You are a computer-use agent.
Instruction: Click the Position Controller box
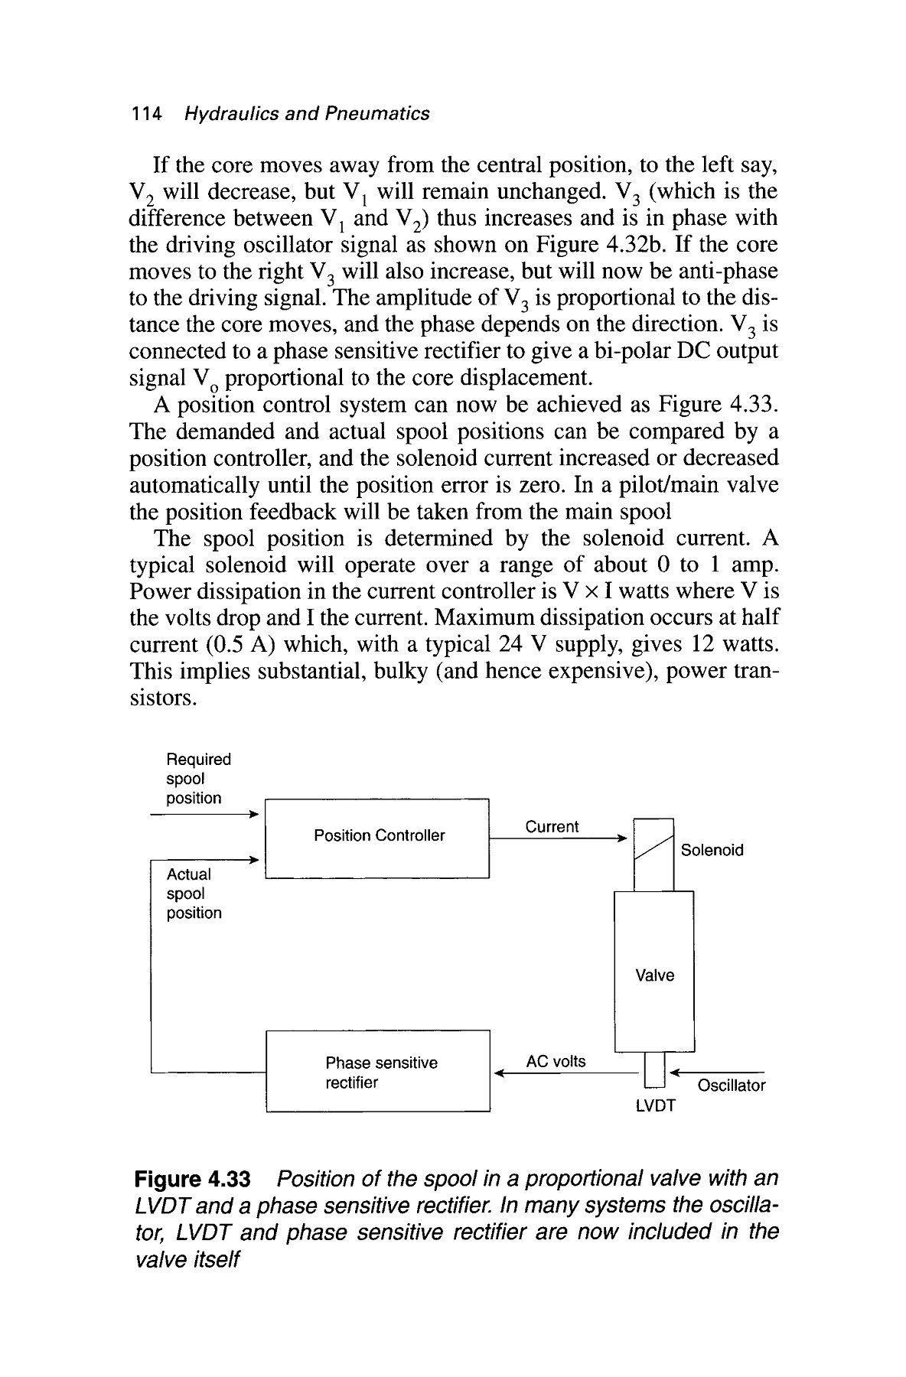tap(376, 838)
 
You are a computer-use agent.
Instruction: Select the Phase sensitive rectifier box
tap(376, 1071)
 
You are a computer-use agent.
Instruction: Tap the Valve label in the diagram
tap(654, 975)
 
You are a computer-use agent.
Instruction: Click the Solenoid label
tap(712, 850)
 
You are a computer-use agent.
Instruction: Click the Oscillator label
tap(731, 1086)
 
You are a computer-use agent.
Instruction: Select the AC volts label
tap(556, 1061)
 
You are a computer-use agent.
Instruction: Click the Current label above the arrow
tap(552, 827)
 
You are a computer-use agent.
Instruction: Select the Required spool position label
tap(197, 779)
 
